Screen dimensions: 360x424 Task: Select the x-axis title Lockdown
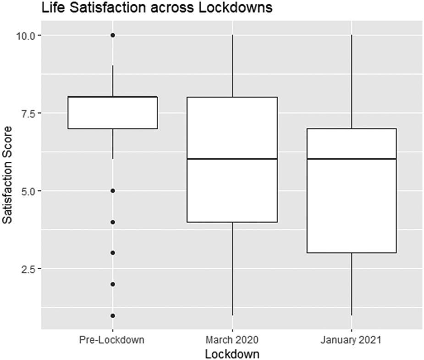[x=232, y=354]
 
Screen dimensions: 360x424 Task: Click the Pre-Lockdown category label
[x=112, y=340]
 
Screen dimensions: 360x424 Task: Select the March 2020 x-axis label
[x=232, y=340]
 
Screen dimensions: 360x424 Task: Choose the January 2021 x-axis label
[x=351, y=340]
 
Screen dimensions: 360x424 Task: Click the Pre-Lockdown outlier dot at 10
[x=113, y=35]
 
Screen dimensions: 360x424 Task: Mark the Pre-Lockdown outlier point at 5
[x=113, y=191]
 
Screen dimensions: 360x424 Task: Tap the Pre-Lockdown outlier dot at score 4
[x=113, y=222]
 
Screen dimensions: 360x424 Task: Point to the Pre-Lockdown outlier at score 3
[x=113, y=253]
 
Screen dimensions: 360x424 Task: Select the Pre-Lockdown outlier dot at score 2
[x=113, y=284]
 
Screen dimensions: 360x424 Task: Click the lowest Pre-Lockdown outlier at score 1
[x=113, y=316]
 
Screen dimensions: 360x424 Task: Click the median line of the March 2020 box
[x=232, y=159]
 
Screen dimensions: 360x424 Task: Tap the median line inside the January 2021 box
[x=351, y=159]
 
